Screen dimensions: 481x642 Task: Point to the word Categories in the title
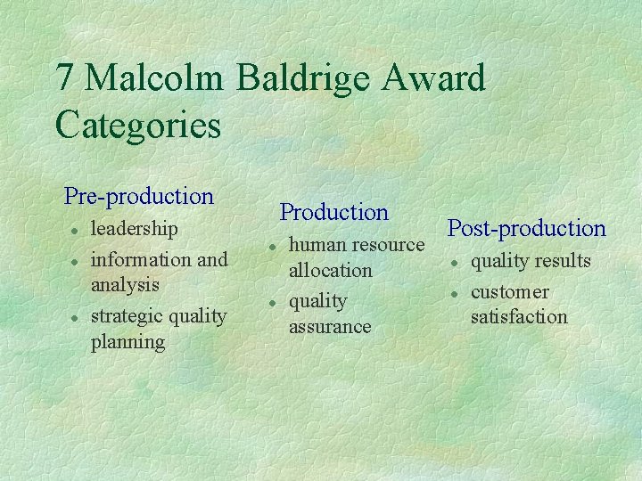point(137,125)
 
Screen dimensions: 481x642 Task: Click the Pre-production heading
point(139,196)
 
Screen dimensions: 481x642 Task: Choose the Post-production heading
point(526,228)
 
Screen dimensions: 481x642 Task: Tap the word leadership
point(135,228)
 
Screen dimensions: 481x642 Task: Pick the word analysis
point(125,285)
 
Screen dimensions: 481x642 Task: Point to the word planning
point(128,342)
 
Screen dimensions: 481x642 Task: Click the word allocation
point(330,270)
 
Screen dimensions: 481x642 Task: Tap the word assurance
point(329,327)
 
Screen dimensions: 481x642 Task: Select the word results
point(563,261)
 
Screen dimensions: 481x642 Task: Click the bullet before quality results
point(455,263)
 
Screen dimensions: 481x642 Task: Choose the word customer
point(509,292)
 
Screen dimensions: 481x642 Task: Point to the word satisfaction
point(518,316)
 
